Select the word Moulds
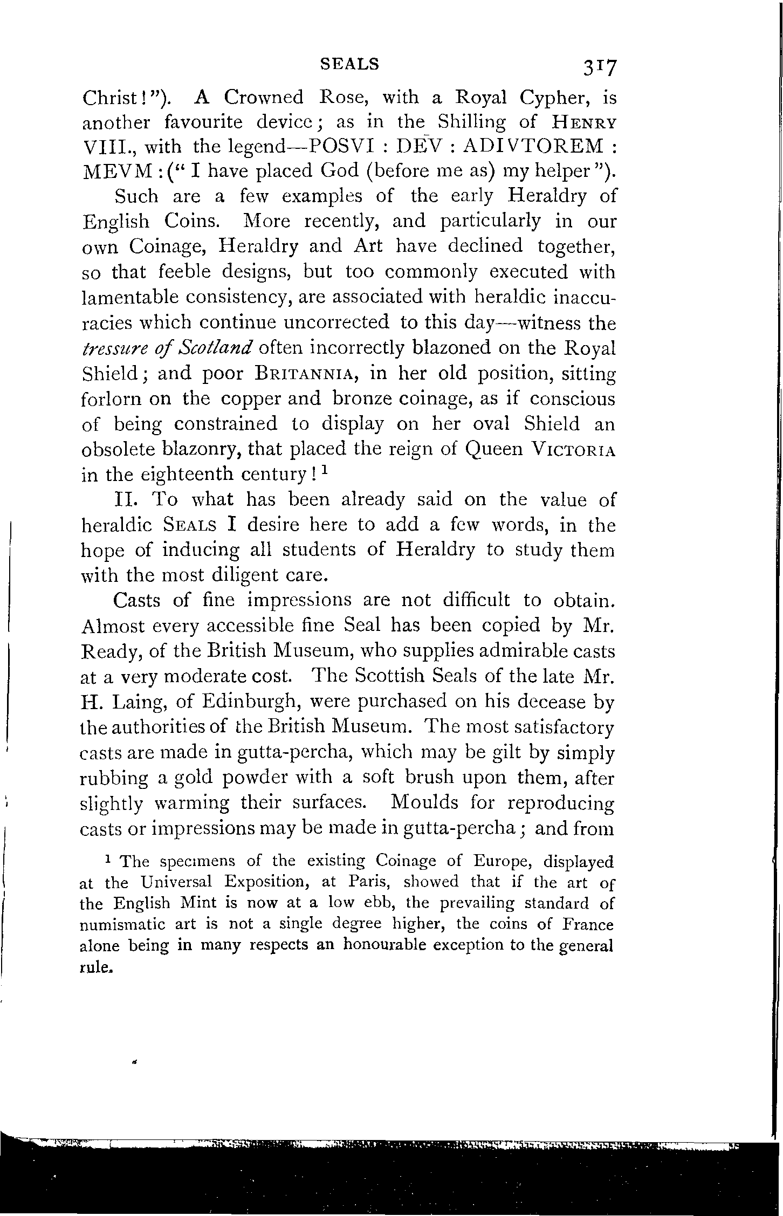[425, 803]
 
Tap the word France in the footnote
[588, 925]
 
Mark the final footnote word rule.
[95, 967]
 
